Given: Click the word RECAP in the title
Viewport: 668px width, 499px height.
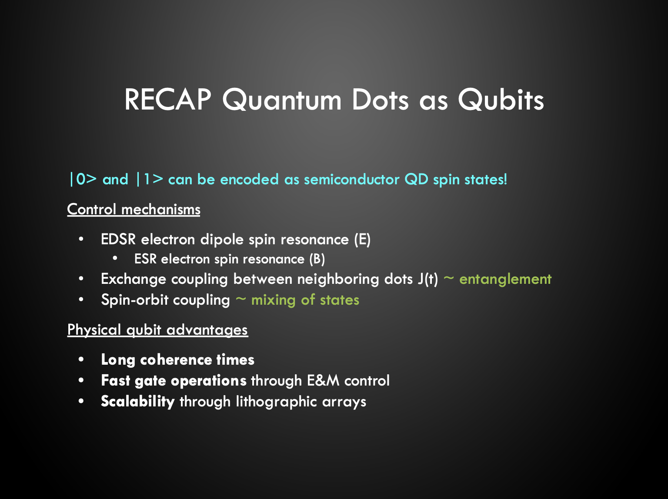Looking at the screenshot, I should [x=167, y=100].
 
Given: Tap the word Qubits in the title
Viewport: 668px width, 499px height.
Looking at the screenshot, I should [x=501, y=100].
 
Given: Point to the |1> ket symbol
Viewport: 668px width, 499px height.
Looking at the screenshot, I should [x=149, y=179].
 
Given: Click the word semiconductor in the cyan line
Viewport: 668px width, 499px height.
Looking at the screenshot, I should [x=351, y=179].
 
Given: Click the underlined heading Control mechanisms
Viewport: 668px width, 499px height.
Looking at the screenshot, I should [x=134, y=210].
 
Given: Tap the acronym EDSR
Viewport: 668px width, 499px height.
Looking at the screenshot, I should [x=118, y=240].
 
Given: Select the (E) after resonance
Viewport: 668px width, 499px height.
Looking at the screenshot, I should [x=362, y=240].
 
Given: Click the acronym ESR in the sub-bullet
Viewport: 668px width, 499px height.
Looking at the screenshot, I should [x=145, y=259].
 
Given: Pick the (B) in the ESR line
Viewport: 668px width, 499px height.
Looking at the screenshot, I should [x=317, y=259].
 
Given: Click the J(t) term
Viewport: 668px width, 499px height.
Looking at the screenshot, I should [x=428, y=279].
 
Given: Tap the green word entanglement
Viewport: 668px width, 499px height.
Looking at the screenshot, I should [x=505, y=279].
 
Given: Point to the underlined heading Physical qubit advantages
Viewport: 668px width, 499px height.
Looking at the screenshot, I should [x=157, y=330].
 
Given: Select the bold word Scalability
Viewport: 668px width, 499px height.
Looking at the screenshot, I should [x=137, y=401].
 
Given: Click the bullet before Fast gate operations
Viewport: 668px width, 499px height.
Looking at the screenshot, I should [x=81, y=381].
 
